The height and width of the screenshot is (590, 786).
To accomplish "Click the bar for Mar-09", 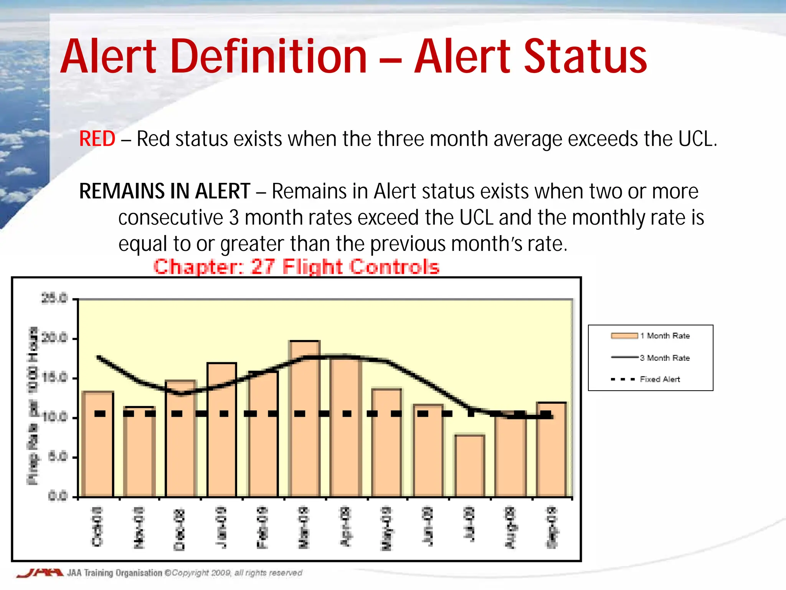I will [x=305, y=419].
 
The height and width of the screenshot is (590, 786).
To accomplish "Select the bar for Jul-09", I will [x=470, y=466].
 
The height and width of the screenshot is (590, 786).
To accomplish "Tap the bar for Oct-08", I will [x=98, y=444].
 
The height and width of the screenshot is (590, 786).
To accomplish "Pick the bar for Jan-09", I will [x=222, y=429].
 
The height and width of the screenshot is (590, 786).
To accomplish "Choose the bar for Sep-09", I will [x=552, y=449].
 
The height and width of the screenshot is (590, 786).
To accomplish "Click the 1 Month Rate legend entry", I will [x=650, y=336].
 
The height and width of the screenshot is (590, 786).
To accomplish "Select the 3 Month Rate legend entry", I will [x=650, y=358].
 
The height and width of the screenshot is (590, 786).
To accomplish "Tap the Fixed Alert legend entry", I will [x=646, y=379].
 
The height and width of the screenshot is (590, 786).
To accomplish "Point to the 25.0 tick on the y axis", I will [x=54, y=298].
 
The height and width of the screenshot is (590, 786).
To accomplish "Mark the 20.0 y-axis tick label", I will [x=54, y=338].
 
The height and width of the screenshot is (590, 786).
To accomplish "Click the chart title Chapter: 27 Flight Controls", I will [x=296, y=267].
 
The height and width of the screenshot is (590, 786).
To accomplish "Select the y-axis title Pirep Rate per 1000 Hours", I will [x=33, y=406].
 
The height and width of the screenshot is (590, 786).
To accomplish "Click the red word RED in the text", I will [x=97, y=139].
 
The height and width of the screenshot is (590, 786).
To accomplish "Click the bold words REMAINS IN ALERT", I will [x=165, y=191].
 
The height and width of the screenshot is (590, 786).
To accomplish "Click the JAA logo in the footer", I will [x=39, y=573].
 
